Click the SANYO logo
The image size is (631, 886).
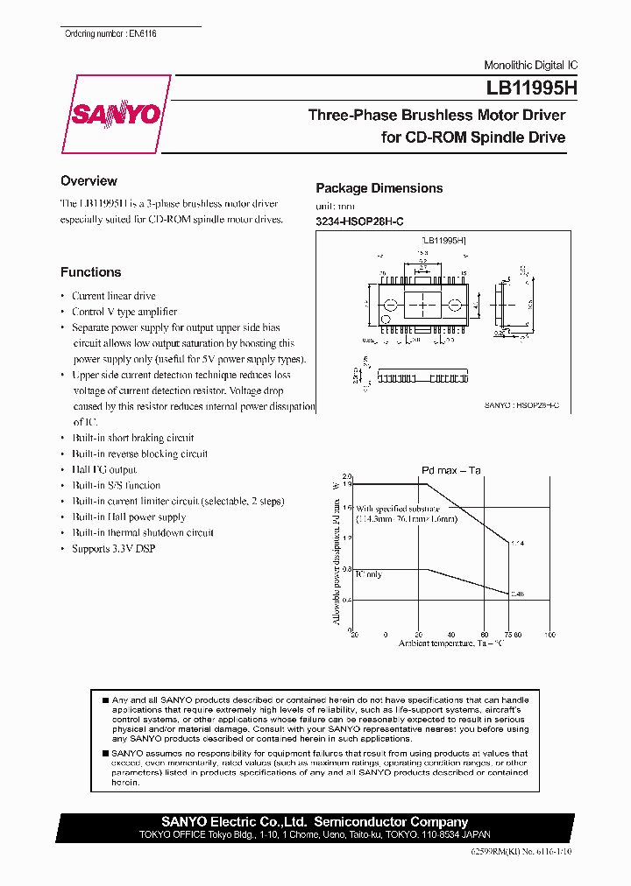click(115, 115)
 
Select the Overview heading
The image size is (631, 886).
click(89, 181)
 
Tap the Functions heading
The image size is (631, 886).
click(90, 272)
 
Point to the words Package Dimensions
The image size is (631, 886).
click(379, 188)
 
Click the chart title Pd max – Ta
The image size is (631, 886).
click(451, 470)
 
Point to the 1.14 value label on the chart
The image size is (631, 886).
click(516, 544)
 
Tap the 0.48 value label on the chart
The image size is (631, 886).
click(516, 594)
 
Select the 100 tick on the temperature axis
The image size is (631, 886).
click(550, 635)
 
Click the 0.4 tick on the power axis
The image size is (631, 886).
click(347, 600)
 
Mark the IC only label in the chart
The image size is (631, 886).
click(368, 574)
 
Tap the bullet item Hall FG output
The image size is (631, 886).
click(104, 469)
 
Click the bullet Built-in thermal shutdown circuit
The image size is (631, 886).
click(143, 532)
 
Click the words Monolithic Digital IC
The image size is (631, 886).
click(531, 66)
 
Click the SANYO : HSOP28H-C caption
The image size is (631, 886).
click(521, 406)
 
